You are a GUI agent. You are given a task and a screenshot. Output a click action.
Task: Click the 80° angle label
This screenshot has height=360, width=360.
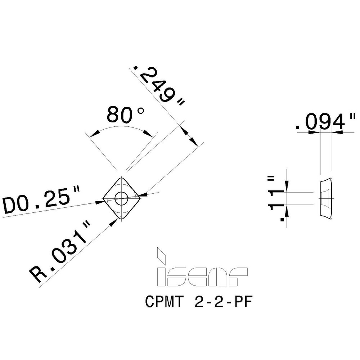[x=124, y=115]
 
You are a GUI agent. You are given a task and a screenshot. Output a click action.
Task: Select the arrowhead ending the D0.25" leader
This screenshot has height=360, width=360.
[x=100, y=202]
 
